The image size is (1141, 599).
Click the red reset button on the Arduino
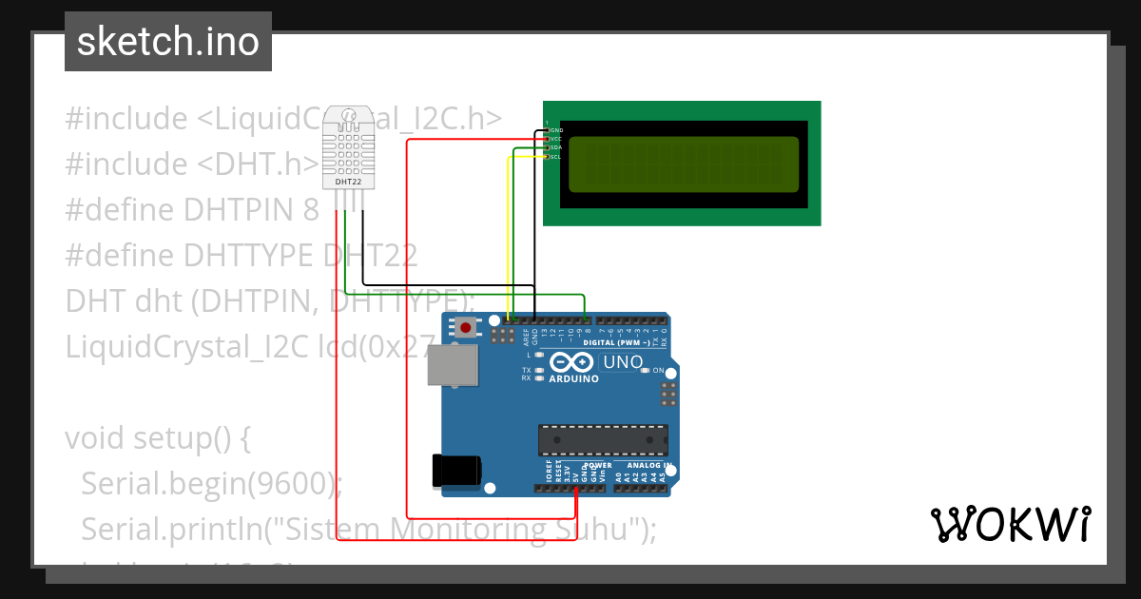click(466, 329)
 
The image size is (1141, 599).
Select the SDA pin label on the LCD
click(556, 147)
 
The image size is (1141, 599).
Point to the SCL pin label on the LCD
click(556, 157)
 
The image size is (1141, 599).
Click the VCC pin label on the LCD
click(556, 139)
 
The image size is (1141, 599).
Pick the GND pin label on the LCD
click(556, 129)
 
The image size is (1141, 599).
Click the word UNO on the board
click(623, 362)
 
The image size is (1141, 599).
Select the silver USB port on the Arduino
click(451, 364)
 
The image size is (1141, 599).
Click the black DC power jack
click(455, 472)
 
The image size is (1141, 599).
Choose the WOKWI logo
click(1009, 524)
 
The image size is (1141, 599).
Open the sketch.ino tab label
click(168, 42)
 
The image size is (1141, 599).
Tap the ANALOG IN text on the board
click(654, 466)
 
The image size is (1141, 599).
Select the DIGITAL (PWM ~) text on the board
click(616, 342)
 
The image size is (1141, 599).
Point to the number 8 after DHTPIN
click(310, 210)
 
